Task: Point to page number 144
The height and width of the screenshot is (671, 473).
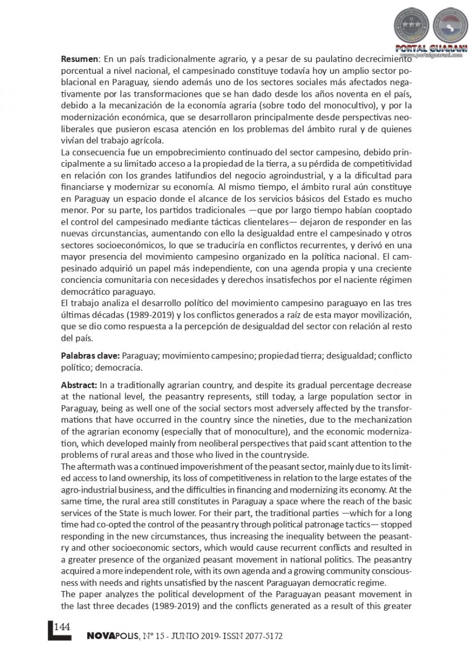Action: (x=62, y=626)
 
